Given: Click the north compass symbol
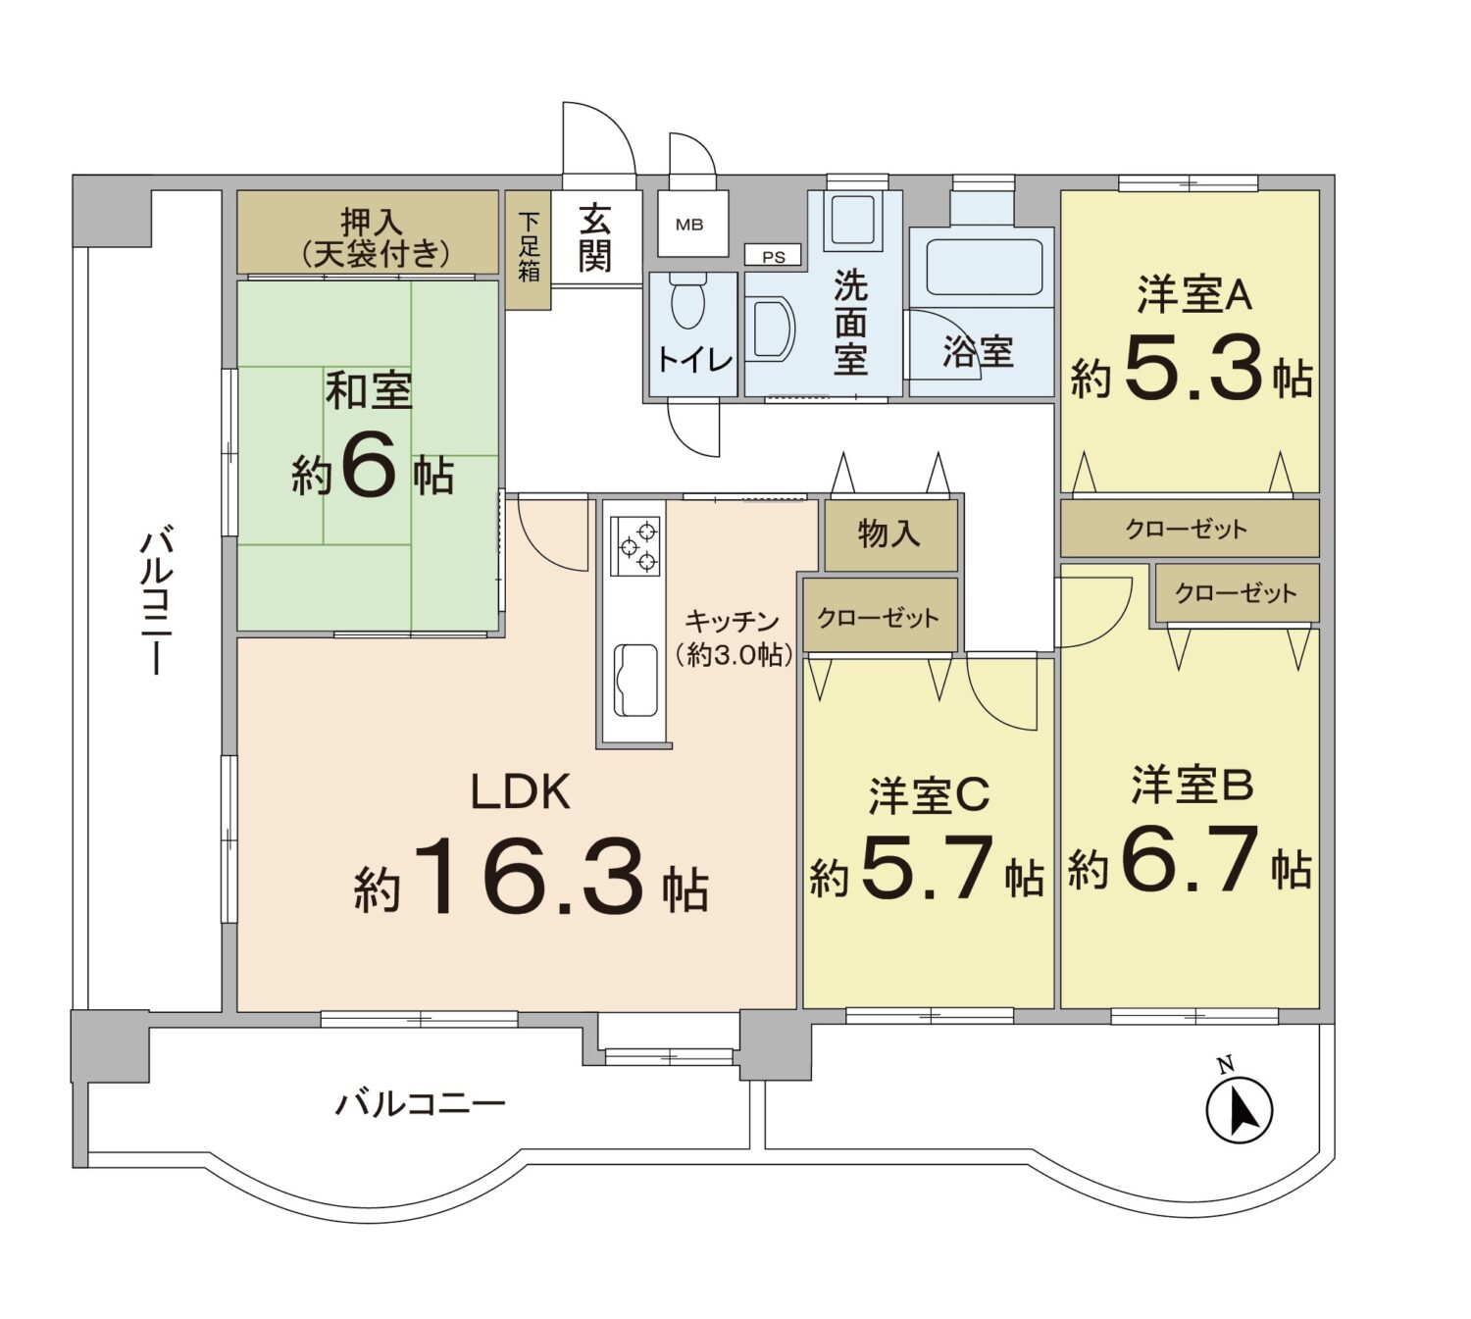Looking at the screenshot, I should (1239, 1110).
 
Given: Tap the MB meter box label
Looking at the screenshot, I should (689, 225).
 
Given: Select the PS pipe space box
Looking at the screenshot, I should (774, 257).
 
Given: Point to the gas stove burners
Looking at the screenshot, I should (635, 545).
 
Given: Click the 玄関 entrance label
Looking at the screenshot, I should (595, 237).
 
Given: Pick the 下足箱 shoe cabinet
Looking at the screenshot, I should (529, 248).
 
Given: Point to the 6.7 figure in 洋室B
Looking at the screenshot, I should (1189, 859).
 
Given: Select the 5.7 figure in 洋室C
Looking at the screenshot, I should (927, 867).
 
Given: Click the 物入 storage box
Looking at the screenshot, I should (889, 534).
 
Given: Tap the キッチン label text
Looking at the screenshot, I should (732, 621).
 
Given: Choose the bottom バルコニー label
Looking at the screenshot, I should (421, 1104).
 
